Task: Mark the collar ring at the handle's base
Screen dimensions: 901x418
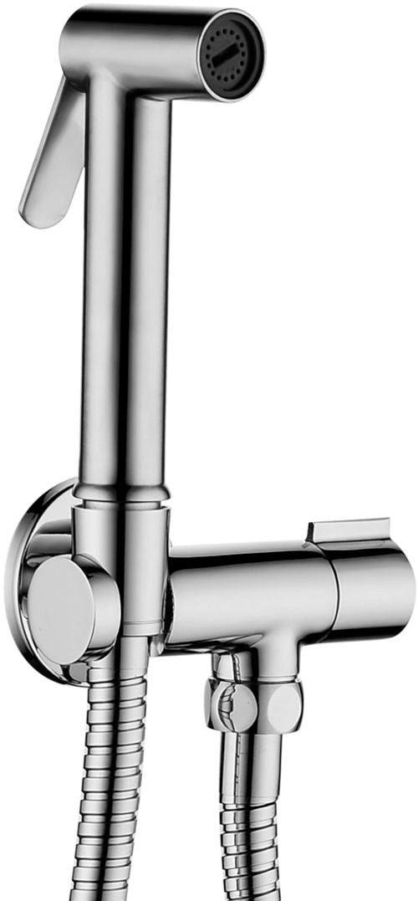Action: pyautogui.click(x=124, y=494)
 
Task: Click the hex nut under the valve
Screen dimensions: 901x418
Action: pyautogui.click(x=255, y=703)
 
